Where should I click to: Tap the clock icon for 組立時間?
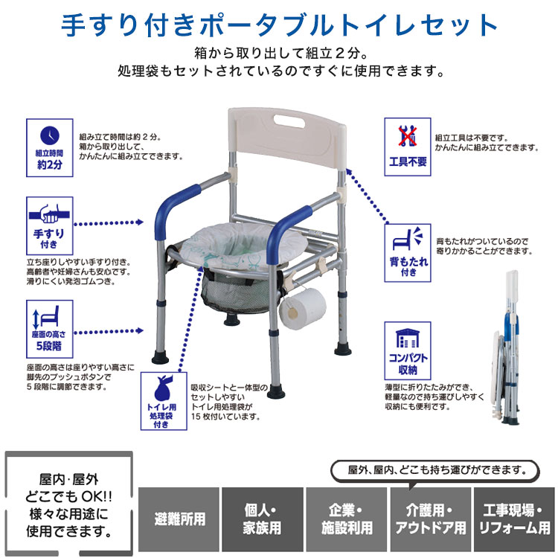pyautogui.click(x=49, y=135)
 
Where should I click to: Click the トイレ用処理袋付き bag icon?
pyautogui.click(x=164, y=400)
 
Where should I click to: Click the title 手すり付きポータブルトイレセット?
pyautogui.click(x=279, y=25)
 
